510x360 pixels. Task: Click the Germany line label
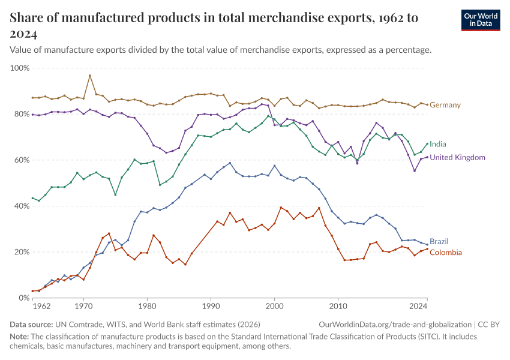coord(445,105)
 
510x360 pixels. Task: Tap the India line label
coord(438,144)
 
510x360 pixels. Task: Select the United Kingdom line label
coord(457,157)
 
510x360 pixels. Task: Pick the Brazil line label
coord(439,241)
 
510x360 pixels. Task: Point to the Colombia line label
coord(446,253)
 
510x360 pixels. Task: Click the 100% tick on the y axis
coord(20,68)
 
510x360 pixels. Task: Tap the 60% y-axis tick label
coord(22,160)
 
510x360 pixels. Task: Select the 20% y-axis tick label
coord(22,252)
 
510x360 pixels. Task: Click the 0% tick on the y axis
coord(24,298)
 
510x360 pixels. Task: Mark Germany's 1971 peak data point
coord(89,76)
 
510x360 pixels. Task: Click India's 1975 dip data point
coord(115,194)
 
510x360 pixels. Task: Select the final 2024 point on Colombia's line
coord(427,249)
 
